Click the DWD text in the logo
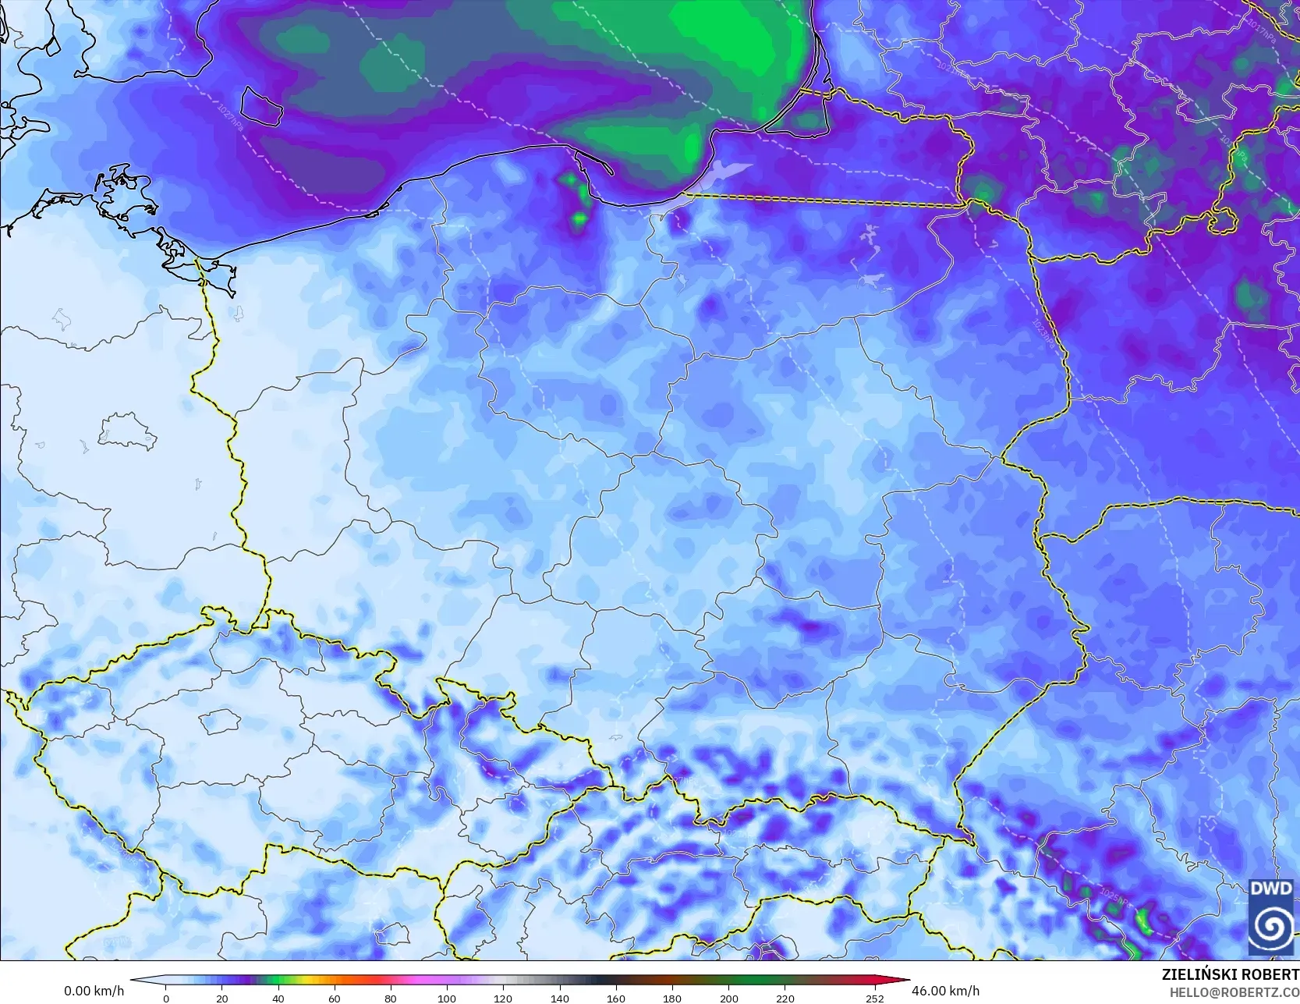[1271, 888]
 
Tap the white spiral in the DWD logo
[1271, 926]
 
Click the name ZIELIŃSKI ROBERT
[1230, 974]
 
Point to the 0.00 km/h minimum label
[94, 991]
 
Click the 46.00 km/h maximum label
[945, 991]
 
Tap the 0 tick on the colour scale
[166, 998]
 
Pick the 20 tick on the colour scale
[222, 998]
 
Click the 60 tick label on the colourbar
[335, 998]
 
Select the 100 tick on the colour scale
[447, 998]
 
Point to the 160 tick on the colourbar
[616, 998]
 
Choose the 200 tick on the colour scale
[728, 998]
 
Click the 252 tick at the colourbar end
[874, 998]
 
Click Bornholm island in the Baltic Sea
[260, 106]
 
